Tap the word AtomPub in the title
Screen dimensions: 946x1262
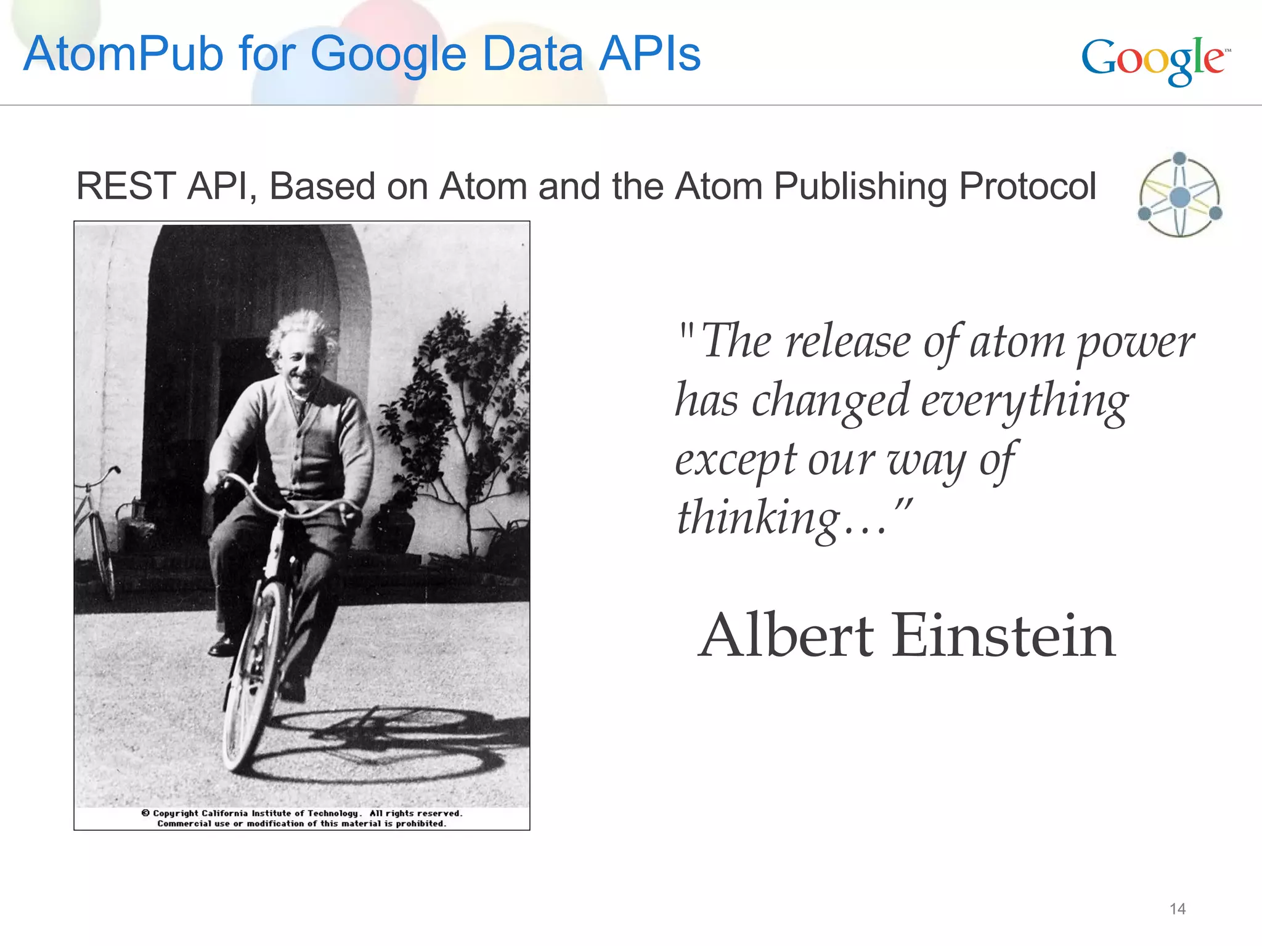pyautogui.click(x=122, y=54)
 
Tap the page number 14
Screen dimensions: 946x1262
pyautogui.click(x=1177, y=908)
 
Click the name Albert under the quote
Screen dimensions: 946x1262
pyautogui.click(x=786, y=636)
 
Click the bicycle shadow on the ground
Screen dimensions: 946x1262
pyautogui.click(x=394, y=745)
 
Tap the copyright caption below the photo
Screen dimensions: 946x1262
pyautogui.click(x=301, y=819)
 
